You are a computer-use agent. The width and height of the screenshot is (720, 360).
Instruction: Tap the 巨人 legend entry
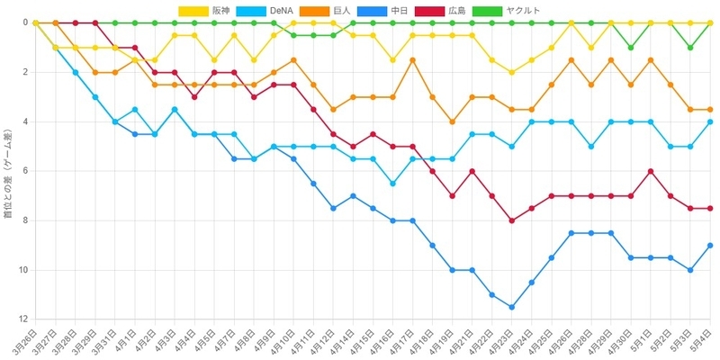click(325, 11)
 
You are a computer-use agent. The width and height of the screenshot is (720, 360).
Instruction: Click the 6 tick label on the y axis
click(26, 171)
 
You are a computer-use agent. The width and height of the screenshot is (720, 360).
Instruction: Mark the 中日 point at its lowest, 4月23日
click(511, 307)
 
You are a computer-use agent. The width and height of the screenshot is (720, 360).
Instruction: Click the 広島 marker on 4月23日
click(511, 220)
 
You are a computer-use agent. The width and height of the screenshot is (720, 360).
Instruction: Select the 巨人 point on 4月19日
click(453, 121)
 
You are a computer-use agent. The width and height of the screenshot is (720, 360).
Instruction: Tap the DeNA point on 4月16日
click(392, 184)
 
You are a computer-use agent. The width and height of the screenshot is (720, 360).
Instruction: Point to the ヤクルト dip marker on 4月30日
click(631, 48)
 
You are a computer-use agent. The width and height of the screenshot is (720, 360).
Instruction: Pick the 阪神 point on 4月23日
click(511, 72)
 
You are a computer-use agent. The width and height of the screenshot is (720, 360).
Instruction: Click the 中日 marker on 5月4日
click(710, 245)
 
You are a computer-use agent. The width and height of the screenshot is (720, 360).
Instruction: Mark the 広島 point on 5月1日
click(651, 171)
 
